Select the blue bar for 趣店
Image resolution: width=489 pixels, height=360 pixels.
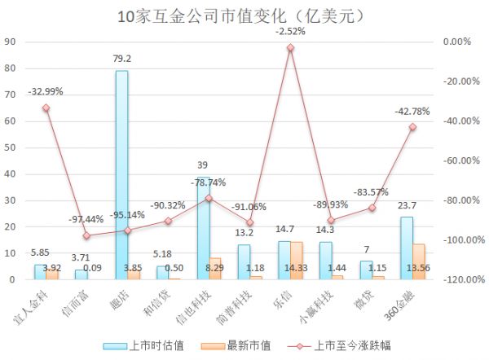point(121,174)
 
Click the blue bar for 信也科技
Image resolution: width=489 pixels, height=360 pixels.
point(203,228)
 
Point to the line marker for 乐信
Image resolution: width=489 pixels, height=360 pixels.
point(290,47)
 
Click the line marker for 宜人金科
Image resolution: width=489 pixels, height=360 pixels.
point(46,108)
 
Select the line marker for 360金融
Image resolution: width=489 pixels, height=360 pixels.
point(412,126)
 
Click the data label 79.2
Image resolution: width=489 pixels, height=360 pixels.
point(122,59)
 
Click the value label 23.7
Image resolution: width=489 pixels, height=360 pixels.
point(406,206)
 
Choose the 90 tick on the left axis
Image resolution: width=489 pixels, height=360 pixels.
point(10,42)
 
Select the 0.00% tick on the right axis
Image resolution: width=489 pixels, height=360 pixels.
point(456,42)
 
